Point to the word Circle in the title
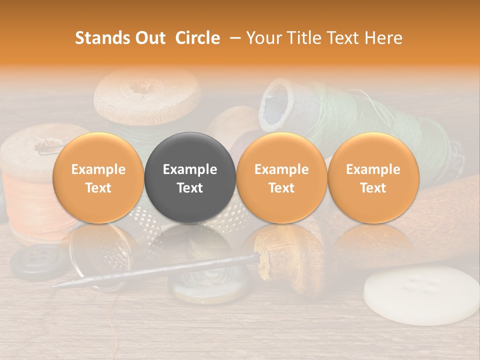click(197, 38)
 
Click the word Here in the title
click(383, 38)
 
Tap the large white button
click(420, 295)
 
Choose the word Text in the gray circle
click(190, 188)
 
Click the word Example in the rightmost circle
click(373, 169)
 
